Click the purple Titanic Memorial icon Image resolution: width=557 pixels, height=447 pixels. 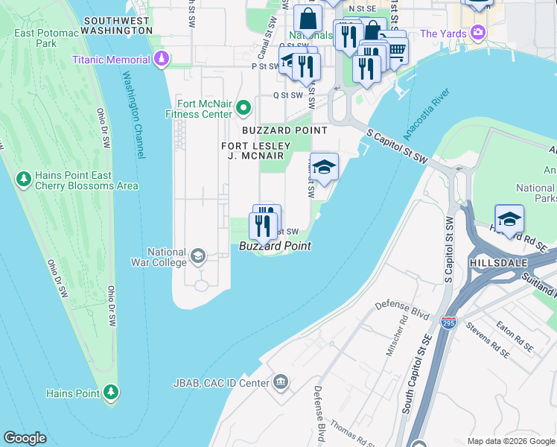point(161,60)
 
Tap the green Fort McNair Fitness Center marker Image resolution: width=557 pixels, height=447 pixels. point(243,110)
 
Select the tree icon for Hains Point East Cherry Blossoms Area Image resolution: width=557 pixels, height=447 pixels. point(24,180)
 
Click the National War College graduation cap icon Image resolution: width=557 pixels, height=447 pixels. point(197,257)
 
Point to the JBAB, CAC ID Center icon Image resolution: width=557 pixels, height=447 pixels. point(280,383)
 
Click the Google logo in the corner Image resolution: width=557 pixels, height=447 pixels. point(25,438)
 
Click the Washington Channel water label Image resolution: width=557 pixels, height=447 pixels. point(133,115)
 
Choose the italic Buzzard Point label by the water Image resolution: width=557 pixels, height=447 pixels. point(274,246)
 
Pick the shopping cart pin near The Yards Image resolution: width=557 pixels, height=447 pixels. point(396,51)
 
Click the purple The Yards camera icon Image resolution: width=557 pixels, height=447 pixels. point(477,34)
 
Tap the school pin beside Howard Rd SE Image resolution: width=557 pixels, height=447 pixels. point(509,219)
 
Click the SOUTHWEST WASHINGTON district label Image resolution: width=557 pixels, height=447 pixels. point(118,25)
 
